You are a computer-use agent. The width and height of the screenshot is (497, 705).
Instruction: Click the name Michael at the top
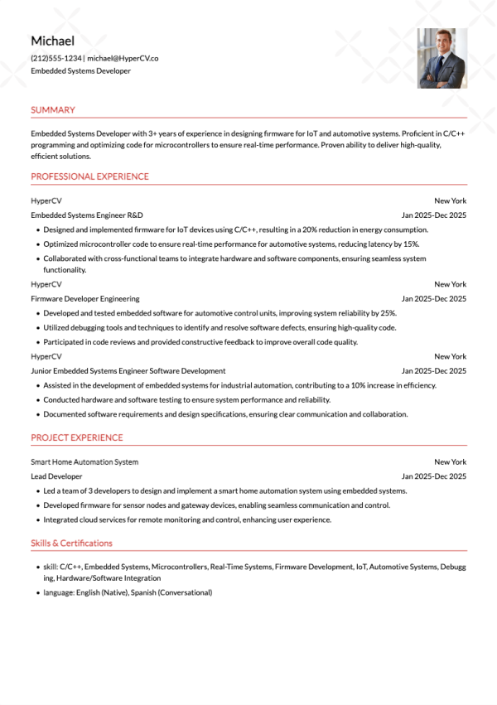52,41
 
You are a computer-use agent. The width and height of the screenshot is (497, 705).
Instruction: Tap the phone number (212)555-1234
55,58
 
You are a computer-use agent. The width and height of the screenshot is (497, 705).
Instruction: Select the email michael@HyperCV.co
123,58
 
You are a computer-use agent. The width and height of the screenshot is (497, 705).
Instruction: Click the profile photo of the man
442,58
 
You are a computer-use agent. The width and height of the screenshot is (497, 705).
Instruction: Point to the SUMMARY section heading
52,110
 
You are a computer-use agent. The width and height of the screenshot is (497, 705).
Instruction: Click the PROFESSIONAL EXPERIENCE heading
89,176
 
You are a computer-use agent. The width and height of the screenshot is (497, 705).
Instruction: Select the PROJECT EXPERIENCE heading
76,437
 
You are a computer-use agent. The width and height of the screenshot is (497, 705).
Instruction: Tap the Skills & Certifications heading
71,543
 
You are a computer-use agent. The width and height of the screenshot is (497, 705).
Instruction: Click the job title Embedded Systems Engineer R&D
87,215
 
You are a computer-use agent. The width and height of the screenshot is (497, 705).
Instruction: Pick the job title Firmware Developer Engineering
84,298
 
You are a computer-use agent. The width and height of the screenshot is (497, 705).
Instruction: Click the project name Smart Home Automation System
84,461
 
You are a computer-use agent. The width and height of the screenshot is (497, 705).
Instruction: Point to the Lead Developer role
56,476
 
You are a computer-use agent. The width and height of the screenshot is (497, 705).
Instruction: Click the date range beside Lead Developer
434,476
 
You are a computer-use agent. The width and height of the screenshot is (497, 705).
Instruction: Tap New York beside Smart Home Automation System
450,461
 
